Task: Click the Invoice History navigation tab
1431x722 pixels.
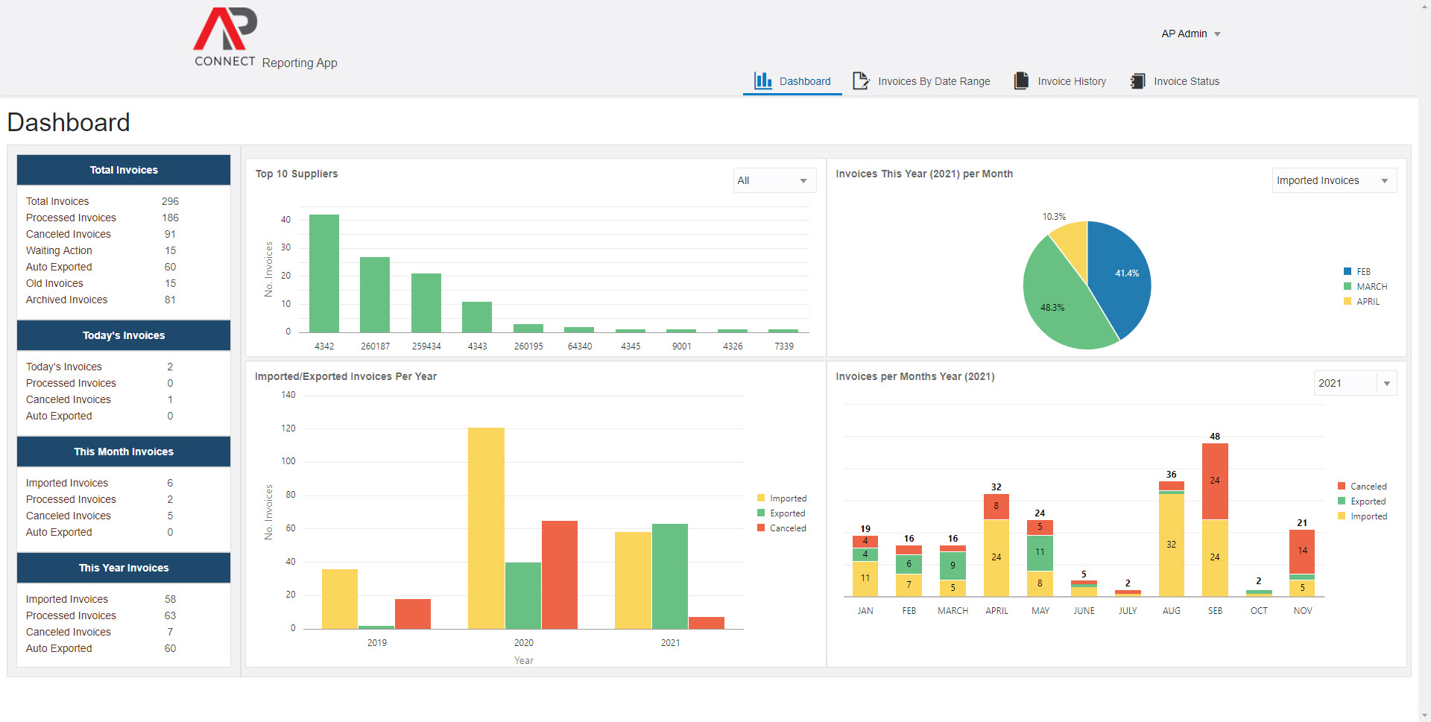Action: tap(1060, 81)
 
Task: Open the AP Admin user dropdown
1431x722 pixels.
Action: tap(1190, 34)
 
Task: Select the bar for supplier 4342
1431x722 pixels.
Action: tap(324, 273)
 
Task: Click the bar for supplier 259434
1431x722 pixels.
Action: tap(426, 303)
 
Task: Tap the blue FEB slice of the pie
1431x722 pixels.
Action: tap(1117, 276)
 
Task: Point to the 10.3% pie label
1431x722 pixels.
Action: tap(1054, 217)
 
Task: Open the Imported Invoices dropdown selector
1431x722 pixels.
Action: tap(1333, 180)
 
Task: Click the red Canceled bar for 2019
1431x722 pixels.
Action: tap(413, 614)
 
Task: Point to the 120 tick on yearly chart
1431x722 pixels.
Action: tap(288, 428)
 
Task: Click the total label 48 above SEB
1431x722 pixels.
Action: tap(1215, 437)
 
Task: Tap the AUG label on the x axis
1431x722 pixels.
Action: tap(1171, 611)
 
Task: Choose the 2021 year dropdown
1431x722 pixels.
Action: tap(1354, 383)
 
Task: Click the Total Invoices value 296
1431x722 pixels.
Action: tap(170, 201)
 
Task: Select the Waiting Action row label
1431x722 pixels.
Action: tap(59, 250)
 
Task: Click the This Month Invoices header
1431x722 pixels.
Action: tap(124, 452)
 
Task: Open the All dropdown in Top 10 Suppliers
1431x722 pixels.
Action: tap(774, 180)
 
